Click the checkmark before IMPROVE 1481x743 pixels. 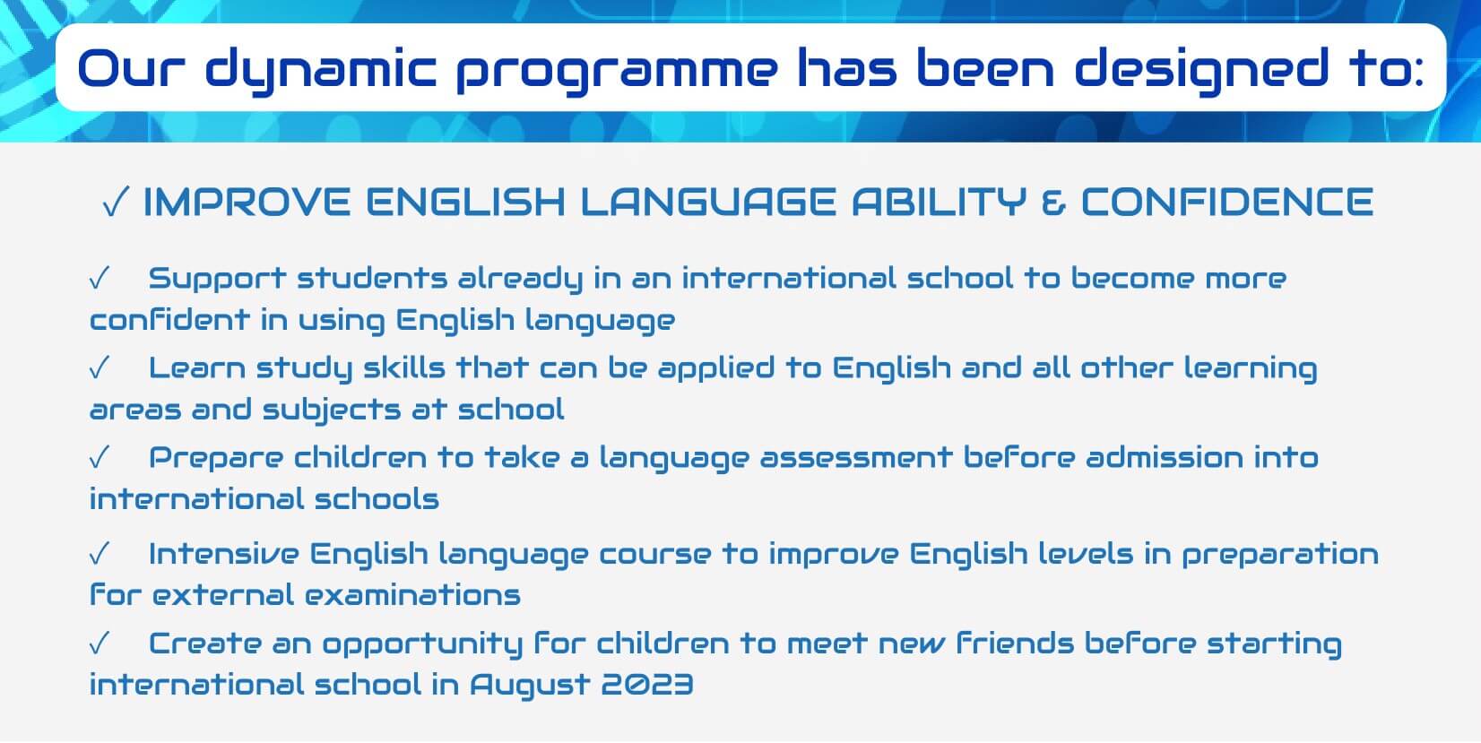[x=116, y=202]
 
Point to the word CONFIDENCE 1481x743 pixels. [x=1228, y=202]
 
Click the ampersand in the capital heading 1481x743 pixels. [x=1054, y=202]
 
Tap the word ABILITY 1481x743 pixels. [x=940, y=202]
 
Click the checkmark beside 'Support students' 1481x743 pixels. [x=100, y=279]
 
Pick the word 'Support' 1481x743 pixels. [x=218, y=280]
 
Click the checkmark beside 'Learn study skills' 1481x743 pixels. [x=100, y=367]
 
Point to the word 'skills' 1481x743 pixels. [x=404, y=367]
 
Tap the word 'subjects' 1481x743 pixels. [x=332, y=410]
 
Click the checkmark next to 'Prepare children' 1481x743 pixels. [x=100, y=457]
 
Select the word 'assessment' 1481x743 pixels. [x=856, y=458]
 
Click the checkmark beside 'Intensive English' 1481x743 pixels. [x=100, y=553]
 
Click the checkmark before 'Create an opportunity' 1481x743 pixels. [x=100, y=644]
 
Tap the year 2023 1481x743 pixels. [x=647, y=684]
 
